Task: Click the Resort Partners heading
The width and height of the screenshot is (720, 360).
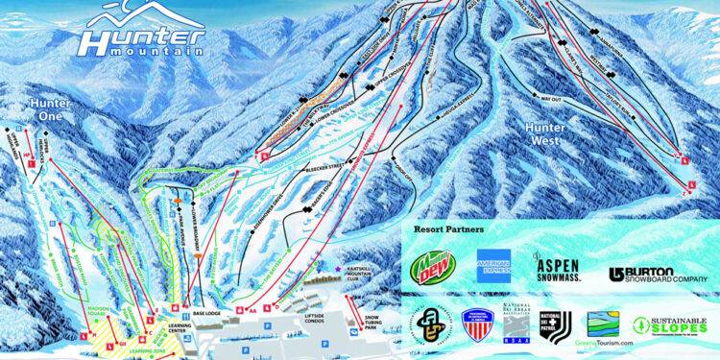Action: tap(449, 230)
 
